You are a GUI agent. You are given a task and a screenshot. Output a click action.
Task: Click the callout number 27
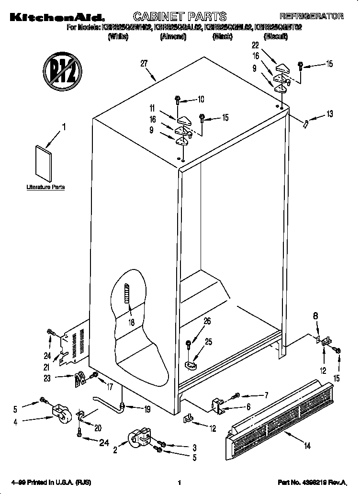point(144,63)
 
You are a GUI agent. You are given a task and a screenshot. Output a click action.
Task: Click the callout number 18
point(131,322)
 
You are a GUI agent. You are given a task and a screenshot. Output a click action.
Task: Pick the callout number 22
point(255,45)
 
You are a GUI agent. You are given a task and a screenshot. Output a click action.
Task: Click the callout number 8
point(315,315)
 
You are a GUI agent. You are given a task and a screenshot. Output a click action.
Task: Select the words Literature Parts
point(45,187)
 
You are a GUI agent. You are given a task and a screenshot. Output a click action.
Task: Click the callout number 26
point(207,321)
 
